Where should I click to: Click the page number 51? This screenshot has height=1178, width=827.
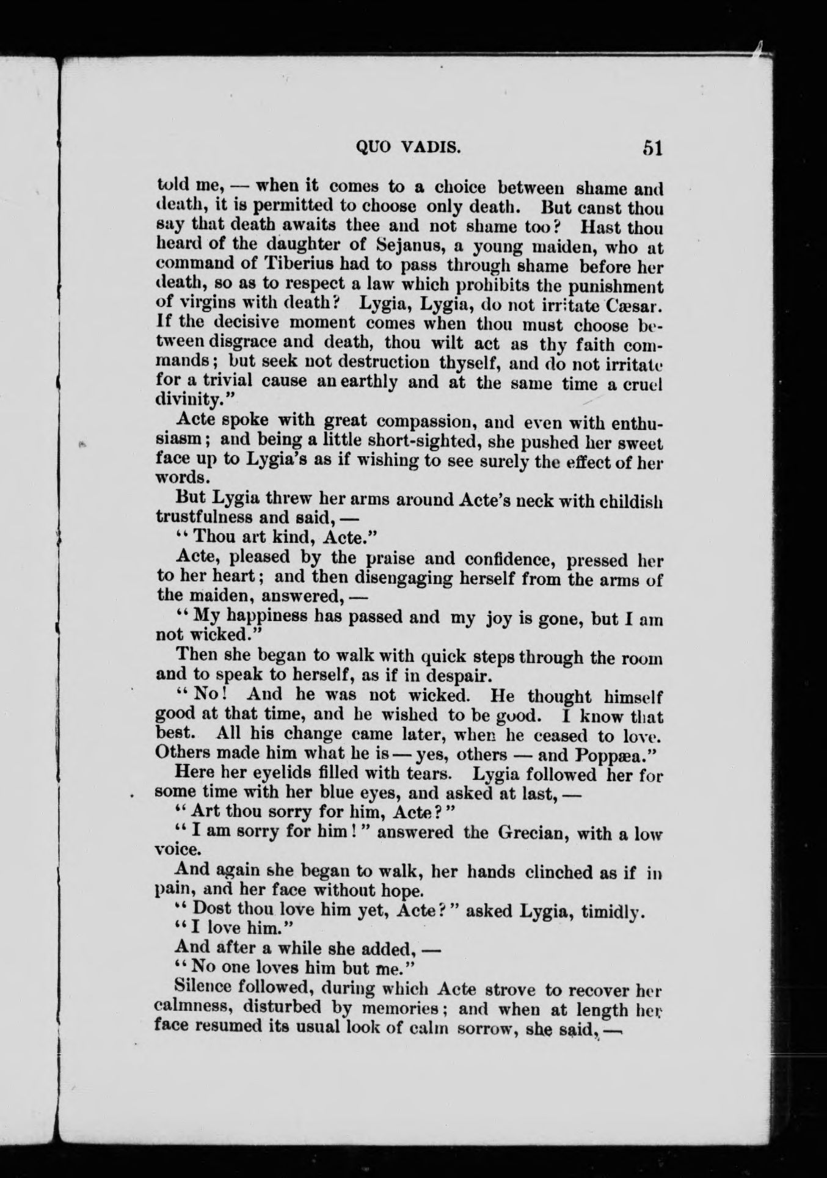[652, 148]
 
